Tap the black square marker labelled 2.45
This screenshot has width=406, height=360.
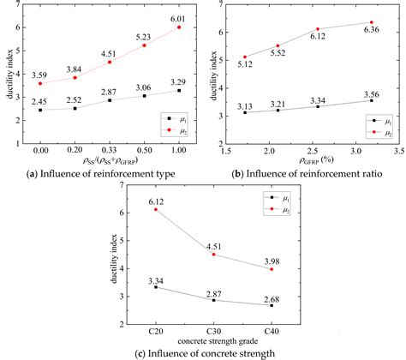point(40,110)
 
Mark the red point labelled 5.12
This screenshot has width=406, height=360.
point(245,57)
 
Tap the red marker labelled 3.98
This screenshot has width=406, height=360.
point(272,269)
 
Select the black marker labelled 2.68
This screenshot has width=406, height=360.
point(272,305)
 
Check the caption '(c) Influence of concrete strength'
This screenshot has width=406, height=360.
point(203,352)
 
